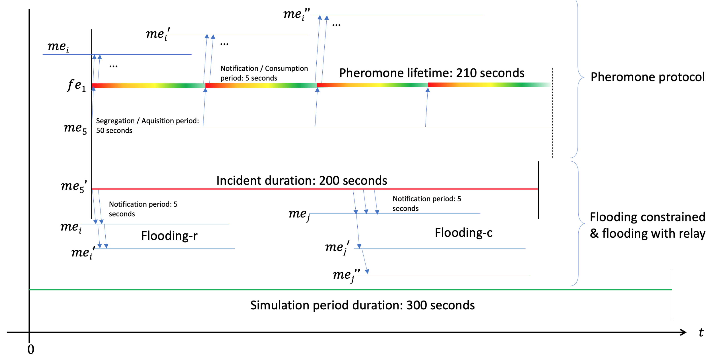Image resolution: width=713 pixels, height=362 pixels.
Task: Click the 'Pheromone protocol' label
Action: pos(647,77)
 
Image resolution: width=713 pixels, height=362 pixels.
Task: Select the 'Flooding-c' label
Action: pos(463,233)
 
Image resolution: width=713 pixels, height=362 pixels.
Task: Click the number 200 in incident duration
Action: pos(329,181)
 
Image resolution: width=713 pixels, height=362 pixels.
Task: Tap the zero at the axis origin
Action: pos(31,350)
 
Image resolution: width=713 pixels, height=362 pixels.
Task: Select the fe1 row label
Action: pos(76,85)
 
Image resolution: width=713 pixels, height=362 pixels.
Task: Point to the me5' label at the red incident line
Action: pos(74,186)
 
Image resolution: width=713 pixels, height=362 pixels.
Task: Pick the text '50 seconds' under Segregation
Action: pos(114,130)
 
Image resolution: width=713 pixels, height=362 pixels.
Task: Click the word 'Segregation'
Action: pos(115,121)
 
